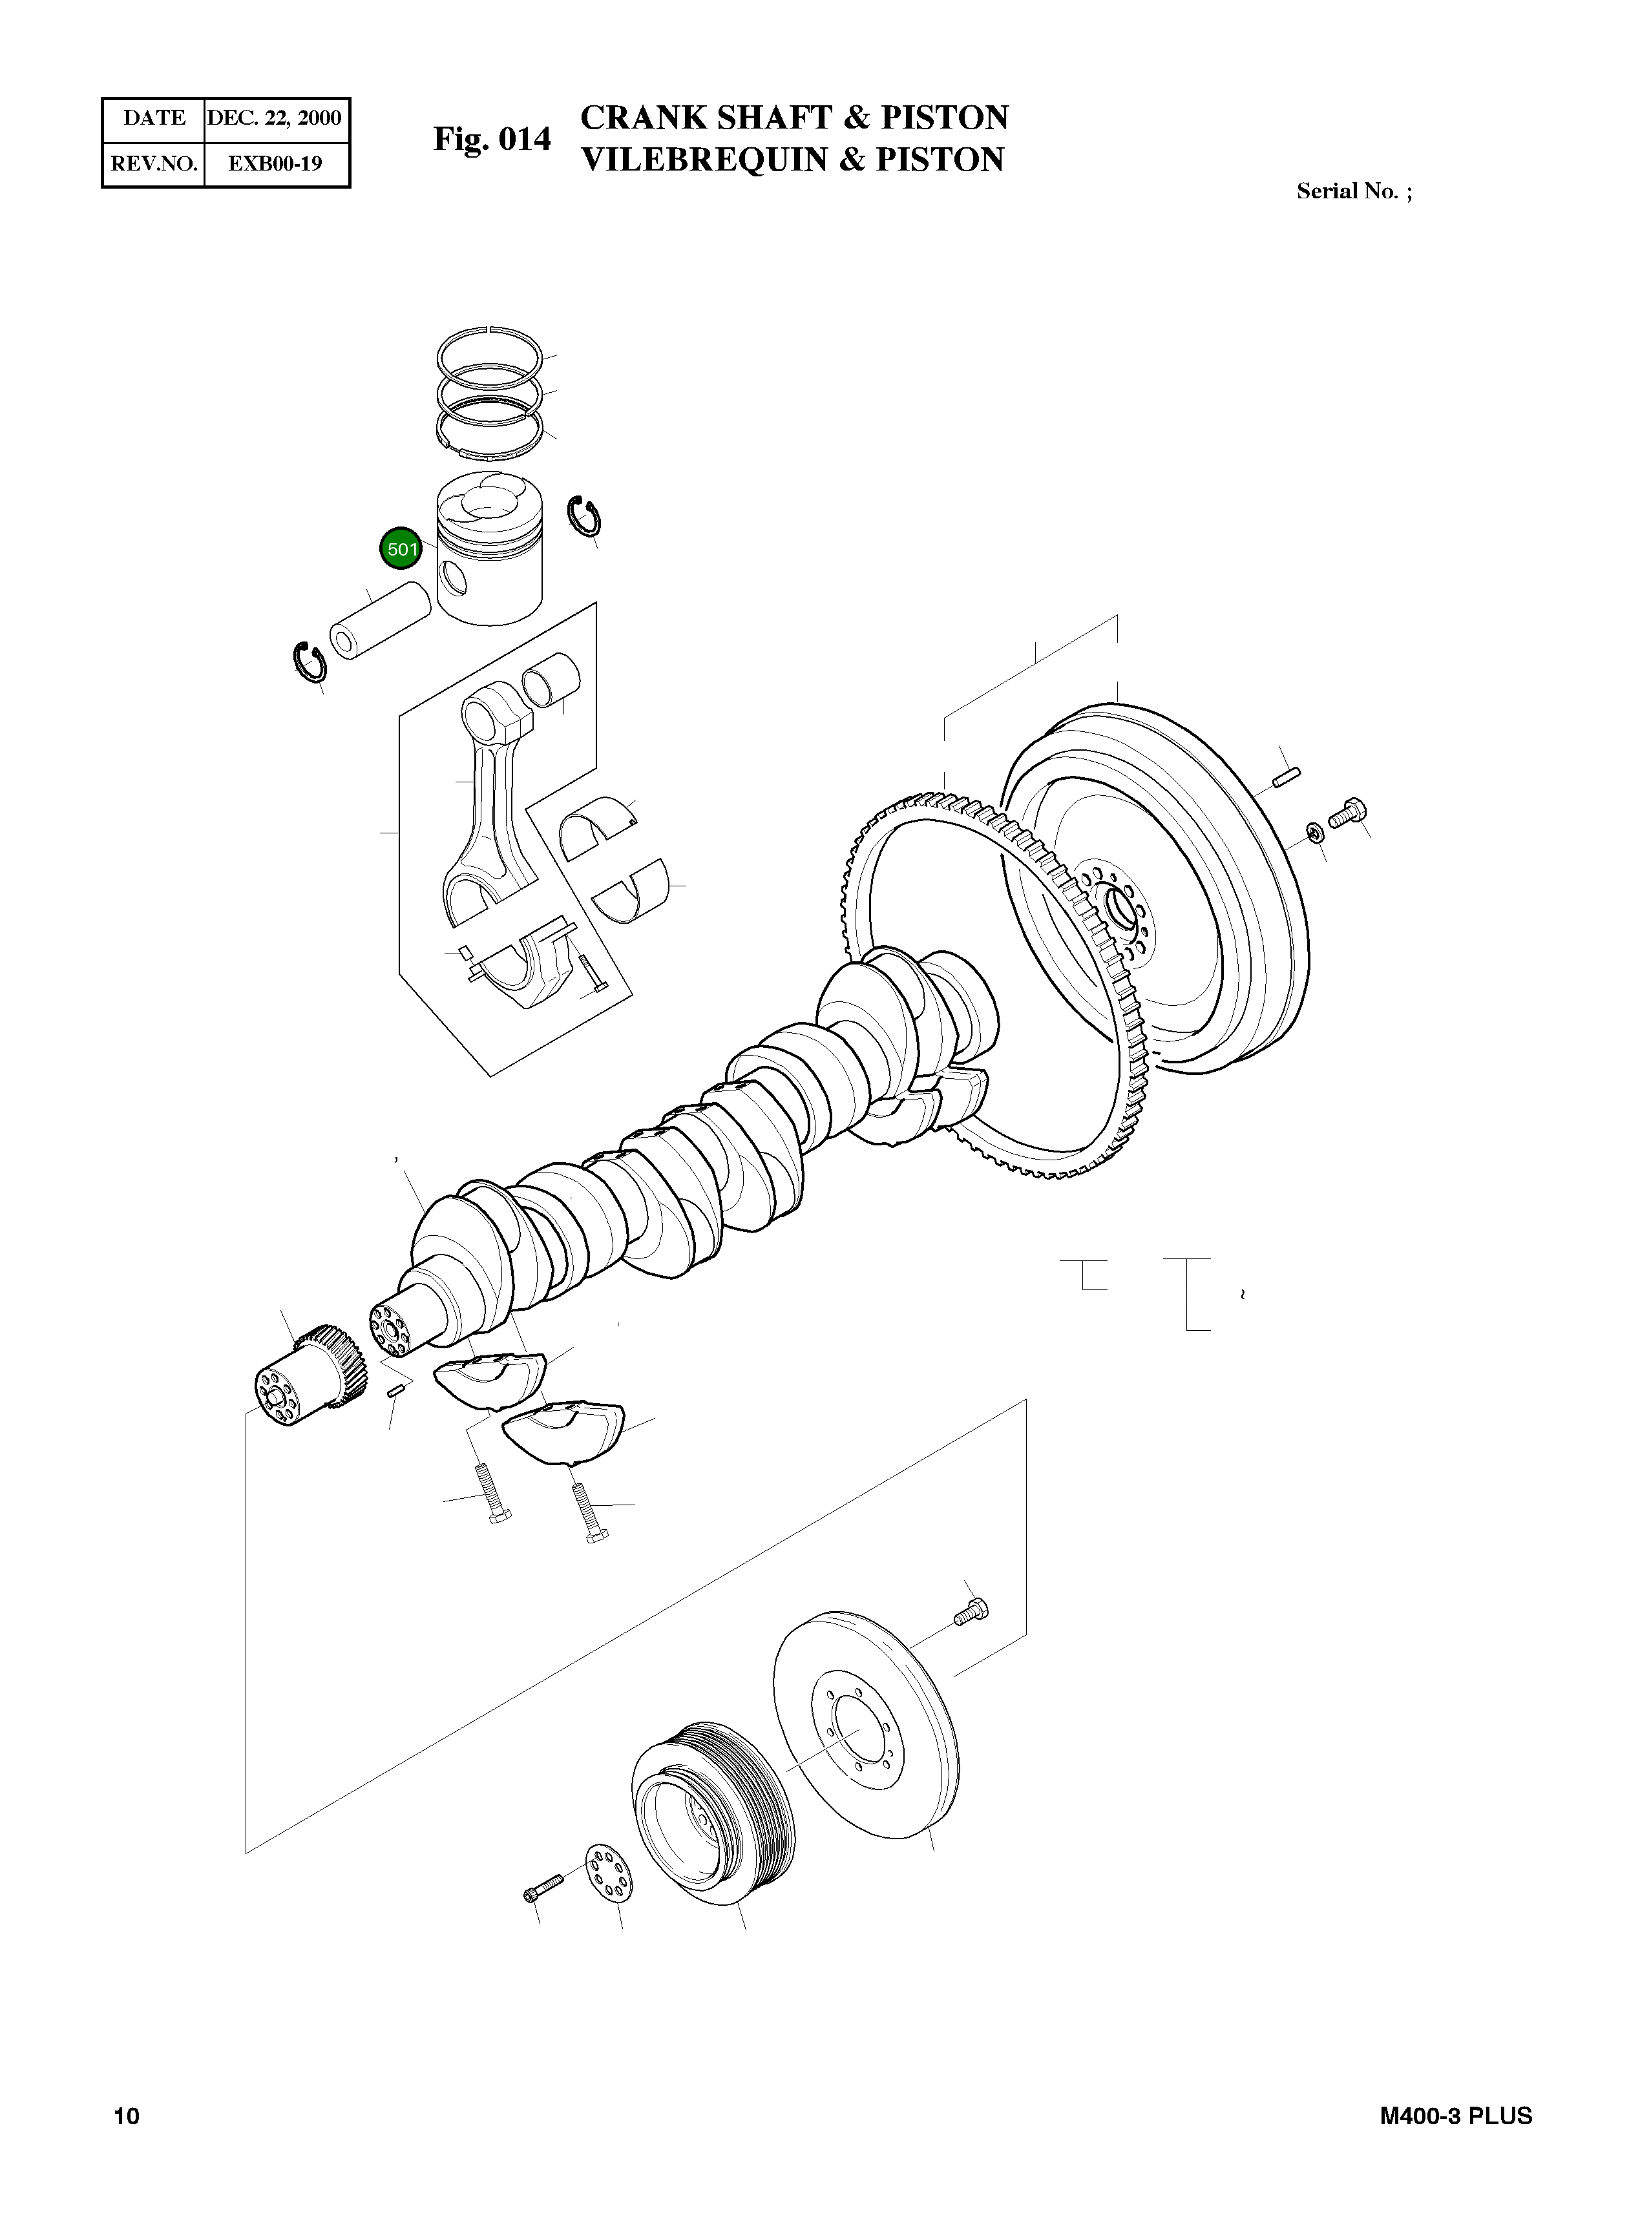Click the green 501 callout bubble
pos(401,549)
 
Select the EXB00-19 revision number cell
pos(275,163)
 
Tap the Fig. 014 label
pos(492,140)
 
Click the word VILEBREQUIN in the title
pos(705,160)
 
